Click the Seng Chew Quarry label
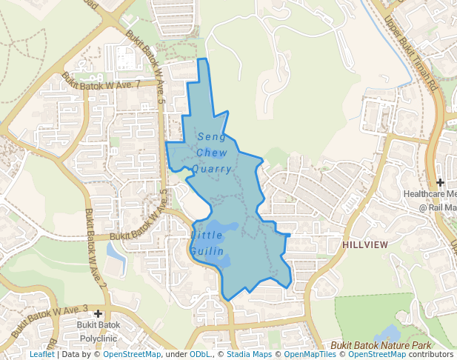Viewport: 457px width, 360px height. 211,153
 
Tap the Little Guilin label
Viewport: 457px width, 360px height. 207,243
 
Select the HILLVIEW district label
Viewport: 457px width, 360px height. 365,244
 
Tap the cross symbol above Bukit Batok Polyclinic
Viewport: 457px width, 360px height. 98,314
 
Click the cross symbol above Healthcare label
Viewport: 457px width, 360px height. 440,182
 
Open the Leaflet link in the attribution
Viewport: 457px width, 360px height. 41,354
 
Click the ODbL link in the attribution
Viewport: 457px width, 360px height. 201,354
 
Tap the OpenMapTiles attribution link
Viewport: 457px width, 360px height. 310,354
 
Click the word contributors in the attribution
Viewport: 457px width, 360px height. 430,354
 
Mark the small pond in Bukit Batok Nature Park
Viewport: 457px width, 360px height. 390,333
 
